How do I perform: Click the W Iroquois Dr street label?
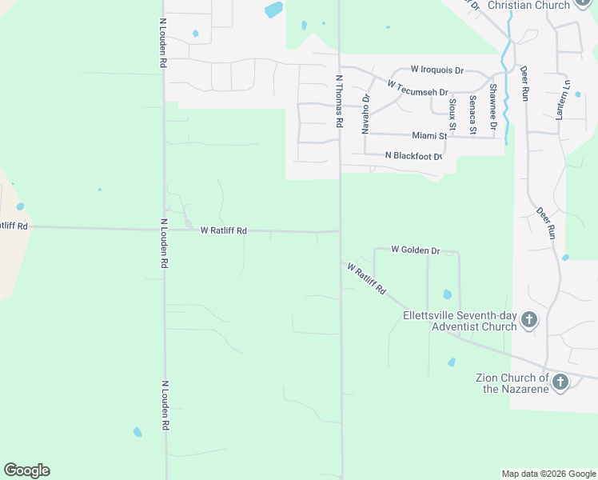437,70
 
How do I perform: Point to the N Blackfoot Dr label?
413,156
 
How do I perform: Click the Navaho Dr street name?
365,113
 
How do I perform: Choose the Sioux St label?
452,114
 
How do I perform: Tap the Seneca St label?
472,114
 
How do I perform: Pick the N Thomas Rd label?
339,102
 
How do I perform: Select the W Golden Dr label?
416,250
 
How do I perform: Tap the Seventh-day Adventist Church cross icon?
528,321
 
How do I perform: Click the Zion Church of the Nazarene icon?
560,382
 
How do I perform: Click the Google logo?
26,470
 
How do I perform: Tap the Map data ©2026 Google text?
548,474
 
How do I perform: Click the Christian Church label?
528,5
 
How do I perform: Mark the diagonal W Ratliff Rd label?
367,278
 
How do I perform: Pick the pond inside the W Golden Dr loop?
447,294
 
